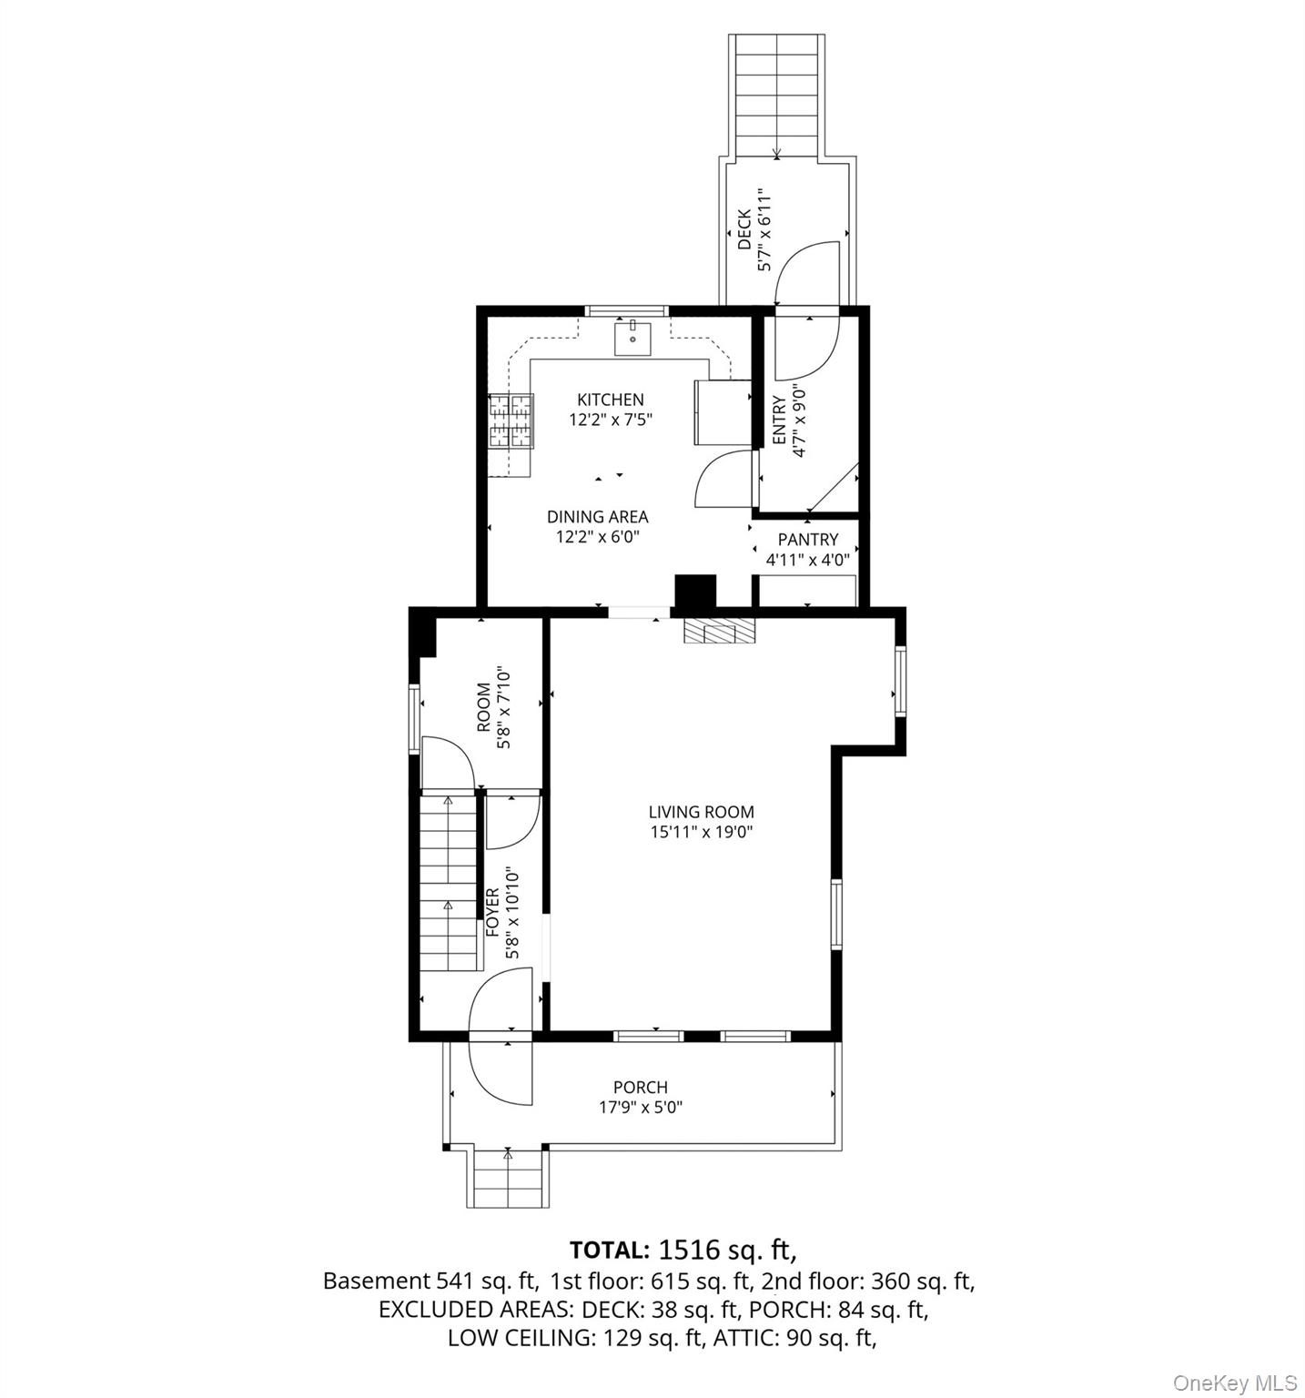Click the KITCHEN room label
[610, 400]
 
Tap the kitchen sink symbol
[632, 338]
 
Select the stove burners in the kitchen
[510, 420]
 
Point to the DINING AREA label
[597, 517]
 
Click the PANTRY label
[807, 540]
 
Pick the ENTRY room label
[779, 420]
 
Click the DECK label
[744, 230]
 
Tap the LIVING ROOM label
[701, 812]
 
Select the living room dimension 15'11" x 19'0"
[701, 832]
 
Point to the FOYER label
[492, 913]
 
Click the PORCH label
[640, 1088]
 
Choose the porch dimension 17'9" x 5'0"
[640, 1108]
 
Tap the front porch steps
[508, 1179]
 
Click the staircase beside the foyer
[449, 881]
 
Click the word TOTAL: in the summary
[609, 1248]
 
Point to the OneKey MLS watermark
[1234, 1383]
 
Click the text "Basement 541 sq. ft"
[430, 1281]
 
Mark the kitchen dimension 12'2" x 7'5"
[610, 420]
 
